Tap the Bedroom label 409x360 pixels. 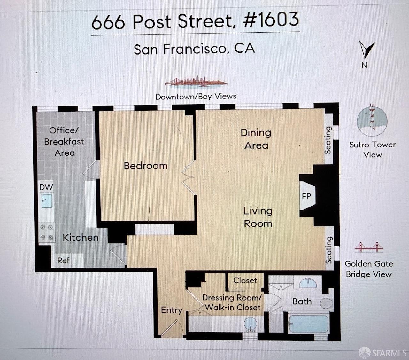coord(145,166)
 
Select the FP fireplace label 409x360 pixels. coord(306,196)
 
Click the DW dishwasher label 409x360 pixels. coord(46,187)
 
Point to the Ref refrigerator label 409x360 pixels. coord(63,260)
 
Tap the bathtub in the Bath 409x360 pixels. coord(309,324)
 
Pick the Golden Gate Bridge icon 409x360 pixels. coord(369,247)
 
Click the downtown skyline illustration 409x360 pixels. coord(196,82)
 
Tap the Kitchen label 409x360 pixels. coord(81,237)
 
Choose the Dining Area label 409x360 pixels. coord(256,139)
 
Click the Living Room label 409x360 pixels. coord(258,217)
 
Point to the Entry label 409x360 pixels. coord(172,310)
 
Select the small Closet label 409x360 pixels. coord(245,280)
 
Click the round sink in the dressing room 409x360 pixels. coord(251,324)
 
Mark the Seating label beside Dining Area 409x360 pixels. coord(328,140)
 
